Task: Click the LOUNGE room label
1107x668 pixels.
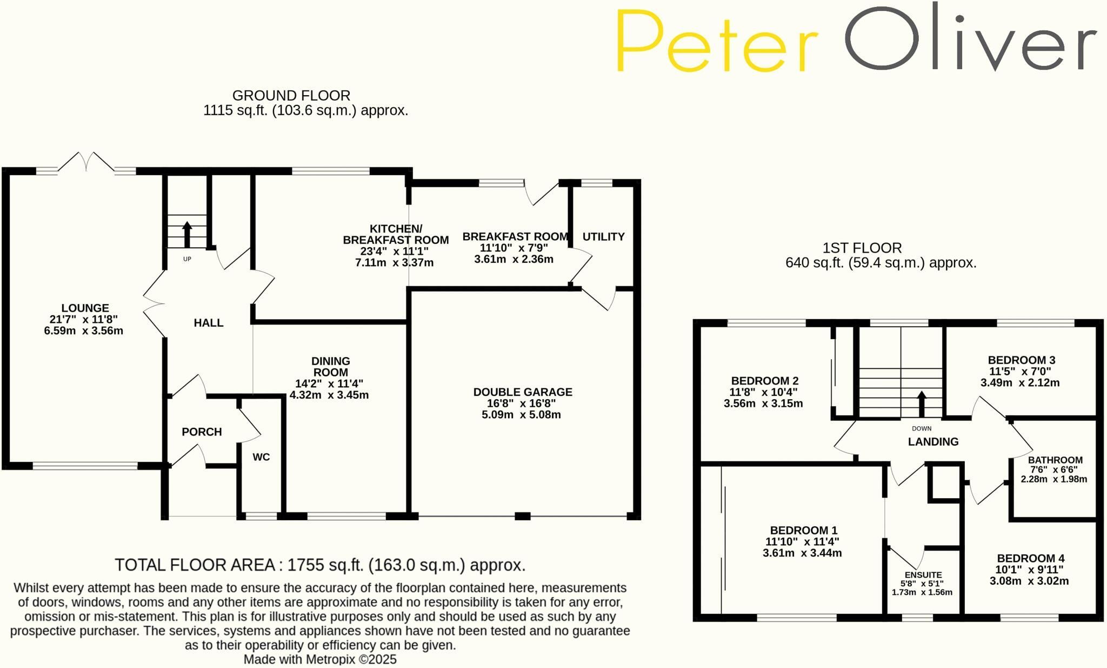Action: (85, 308)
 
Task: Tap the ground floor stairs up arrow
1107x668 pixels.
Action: (187, 234)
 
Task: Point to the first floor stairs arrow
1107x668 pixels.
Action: (922, 404)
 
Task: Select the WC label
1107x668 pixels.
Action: (261, 457)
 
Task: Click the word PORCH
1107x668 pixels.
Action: (202, 432)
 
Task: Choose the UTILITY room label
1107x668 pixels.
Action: (603, 236)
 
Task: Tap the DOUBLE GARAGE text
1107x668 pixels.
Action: (523, 392)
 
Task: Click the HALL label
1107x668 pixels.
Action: (209, 323)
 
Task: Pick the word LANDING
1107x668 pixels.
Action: (933, 441)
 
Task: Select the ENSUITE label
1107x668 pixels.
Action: (923, 575)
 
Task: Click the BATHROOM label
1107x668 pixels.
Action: (1055, 460)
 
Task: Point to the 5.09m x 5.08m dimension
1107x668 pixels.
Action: (521, 415)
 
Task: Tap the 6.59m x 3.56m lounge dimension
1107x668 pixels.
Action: (84, 330)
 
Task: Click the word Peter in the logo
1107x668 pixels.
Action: (717, 42)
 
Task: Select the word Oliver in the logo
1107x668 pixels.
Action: (971, 38)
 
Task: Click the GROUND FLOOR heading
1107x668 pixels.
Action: (291, 96)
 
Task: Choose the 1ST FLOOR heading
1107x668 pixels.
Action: (862, 248)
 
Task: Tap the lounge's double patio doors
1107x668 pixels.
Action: (86, 162)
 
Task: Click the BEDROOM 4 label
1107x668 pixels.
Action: (1031, 558)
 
